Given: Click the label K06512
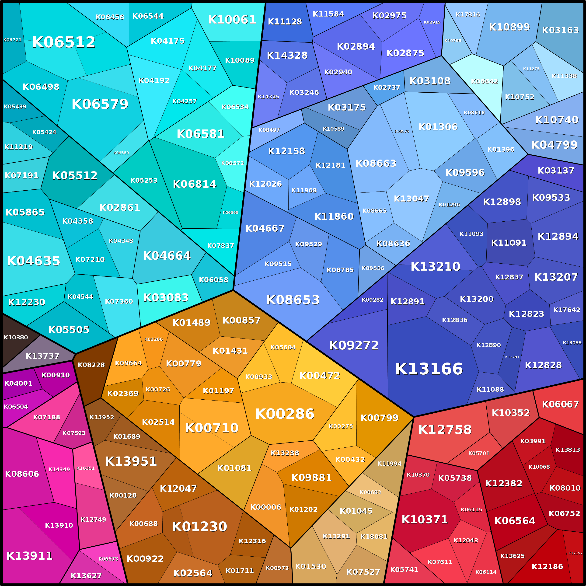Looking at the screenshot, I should pyautogui.click(x=64, y=42).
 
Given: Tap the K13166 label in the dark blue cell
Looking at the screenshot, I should pyautogui.click(x=429, y=369).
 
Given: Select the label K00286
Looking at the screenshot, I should pyautogui.click(x=285, y=414).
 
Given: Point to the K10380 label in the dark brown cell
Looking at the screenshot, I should pyautogui.click(x=16, y=337).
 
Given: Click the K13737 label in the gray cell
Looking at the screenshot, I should pyautogui.click(x=42, y=356).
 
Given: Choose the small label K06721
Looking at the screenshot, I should pyautogui.click(x=12, y=40).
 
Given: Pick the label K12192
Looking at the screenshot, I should pyautogui.click(x=575, y=553).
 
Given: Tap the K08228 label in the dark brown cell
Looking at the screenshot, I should pyautogui.click(x=91, y=365).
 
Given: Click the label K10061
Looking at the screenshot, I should pyautogui.click(x=232, y=20).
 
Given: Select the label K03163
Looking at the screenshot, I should pyautogui.click(x=560, y=30).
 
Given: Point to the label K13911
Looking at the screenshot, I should pyautogui.click(x=29, y=556).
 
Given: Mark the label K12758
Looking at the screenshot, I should pyautogui.click(x=445, y=429).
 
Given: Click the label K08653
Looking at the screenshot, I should pyautogui.click(x=293, y=300).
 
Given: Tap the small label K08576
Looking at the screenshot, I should pyautogui.click(x=401, y=131).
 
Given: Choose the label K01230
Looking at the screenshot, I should pyautogui.click(x=199, y=526).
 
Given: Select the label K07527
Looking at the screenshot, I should pyautogui.click(x=363, y=572).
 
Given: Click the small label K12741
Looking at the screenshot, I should pyautogui.click(x=512, y=357).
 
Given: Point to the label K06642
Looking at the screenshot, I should pyautogui.click(x=484, y=81).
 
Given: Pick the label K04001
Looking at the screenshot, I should pyautogui.click(x=18, y=383).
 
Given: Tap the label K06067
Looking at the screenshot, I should pyautogui.click(x=560, y=404).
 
